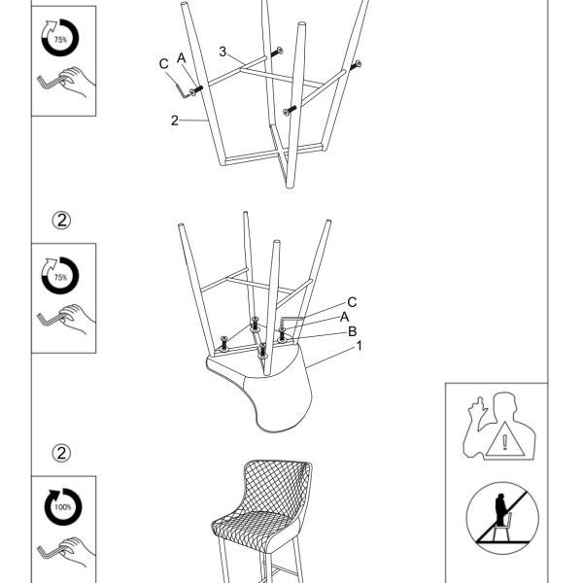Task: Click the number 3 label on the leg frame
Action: tap(223, 51)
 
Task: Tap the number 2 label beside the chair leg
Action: tap(174, 120)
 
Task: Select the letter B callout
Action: tap(352, 331)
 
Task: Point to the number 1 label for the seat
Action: tap(360, 346)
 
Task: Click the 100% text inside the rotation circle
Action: tap(63, 507)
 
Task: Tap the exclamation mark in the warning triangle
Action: tap(504, 442)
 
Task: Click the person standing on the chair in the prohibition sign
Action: tap(500, 508)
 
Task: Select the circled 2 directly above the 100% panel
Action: tap(61, 453)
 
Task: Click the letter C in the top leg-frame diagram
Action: tap(163, 63)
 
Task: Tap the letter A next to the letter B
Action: tap(344, 317)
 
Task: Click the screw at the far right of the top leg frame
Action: tap(356, 65)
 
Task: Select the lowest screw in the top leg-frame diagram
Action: tap(290, 110)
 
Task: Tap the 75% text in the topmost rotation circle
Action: tap(60, 40)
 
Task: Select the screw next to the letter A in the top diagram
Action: tap(196, 90)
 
